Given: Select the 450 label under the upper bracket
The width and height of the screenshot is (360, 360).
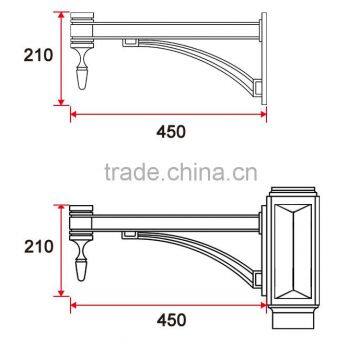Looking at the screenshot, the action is (x=170, y=130).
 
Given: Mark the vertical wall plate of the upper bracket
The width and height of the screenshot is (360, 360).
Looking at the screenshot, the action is (x=264, y=60).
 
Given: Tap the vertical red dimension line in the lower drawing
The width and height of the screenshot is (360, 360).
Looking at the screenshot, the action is (x=60, y=250).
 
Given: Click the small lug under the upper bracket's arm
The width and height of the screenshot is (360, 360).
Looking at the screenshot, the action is (x=129, y=43).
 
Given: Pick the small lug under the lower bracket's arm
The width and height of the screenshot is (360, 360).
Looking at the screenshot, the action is (x=130, y=234).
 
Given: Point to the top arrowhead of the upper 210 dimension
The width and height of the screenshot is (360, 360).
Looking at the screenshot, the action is (x=60, y=16).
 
